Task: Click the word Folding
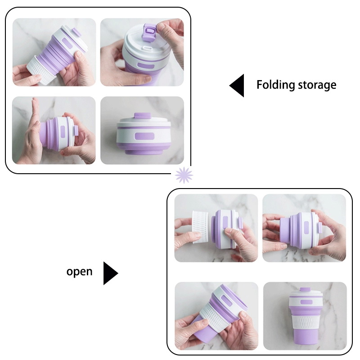[275, 85]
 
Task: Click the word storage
[317, 85]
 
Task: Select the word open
[80, 272]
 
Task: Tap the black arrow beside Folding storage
[237, 85]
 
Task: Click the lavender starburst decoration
[184, 175]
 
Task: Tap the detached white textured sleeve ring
[200, 227]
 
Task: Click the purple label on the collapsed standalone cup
[144, 136]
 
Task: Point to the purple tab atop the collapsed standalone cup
[142, 116]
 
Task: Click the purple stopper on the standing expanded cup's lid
[305, 289]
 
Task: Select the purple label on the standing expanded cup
[306, 301]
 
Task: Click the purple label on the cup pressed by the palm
[63, 131]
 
